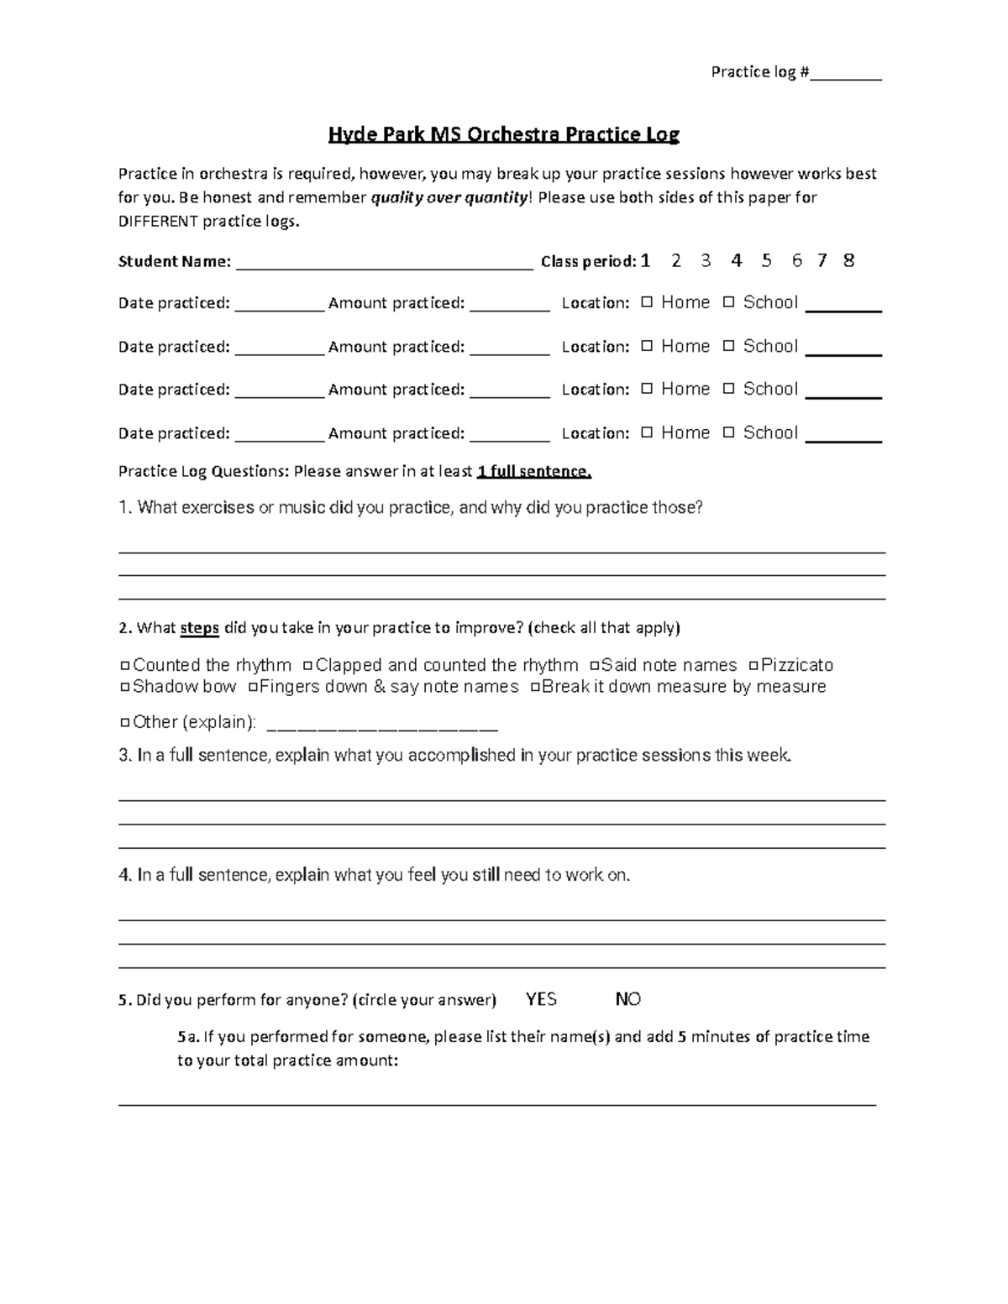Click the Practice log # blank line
846,77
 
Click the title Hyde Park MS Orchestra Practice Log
503,134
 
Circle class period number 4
737,260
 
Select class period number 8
848,260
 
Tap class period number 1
645,260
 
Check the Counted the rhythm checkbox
125,666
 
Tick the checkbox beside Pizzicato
753,666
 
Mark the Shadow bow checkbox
125,688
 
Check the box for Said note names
595,666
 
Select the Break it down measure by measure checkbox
535,688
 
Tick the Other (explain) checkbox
125,723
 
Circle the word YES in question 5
541,999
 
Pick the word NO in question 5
628,999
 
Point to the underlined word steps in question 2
200,628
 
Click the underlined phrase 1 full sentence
534,472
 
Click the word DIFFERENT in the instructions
159,222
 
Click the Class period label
588,262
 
